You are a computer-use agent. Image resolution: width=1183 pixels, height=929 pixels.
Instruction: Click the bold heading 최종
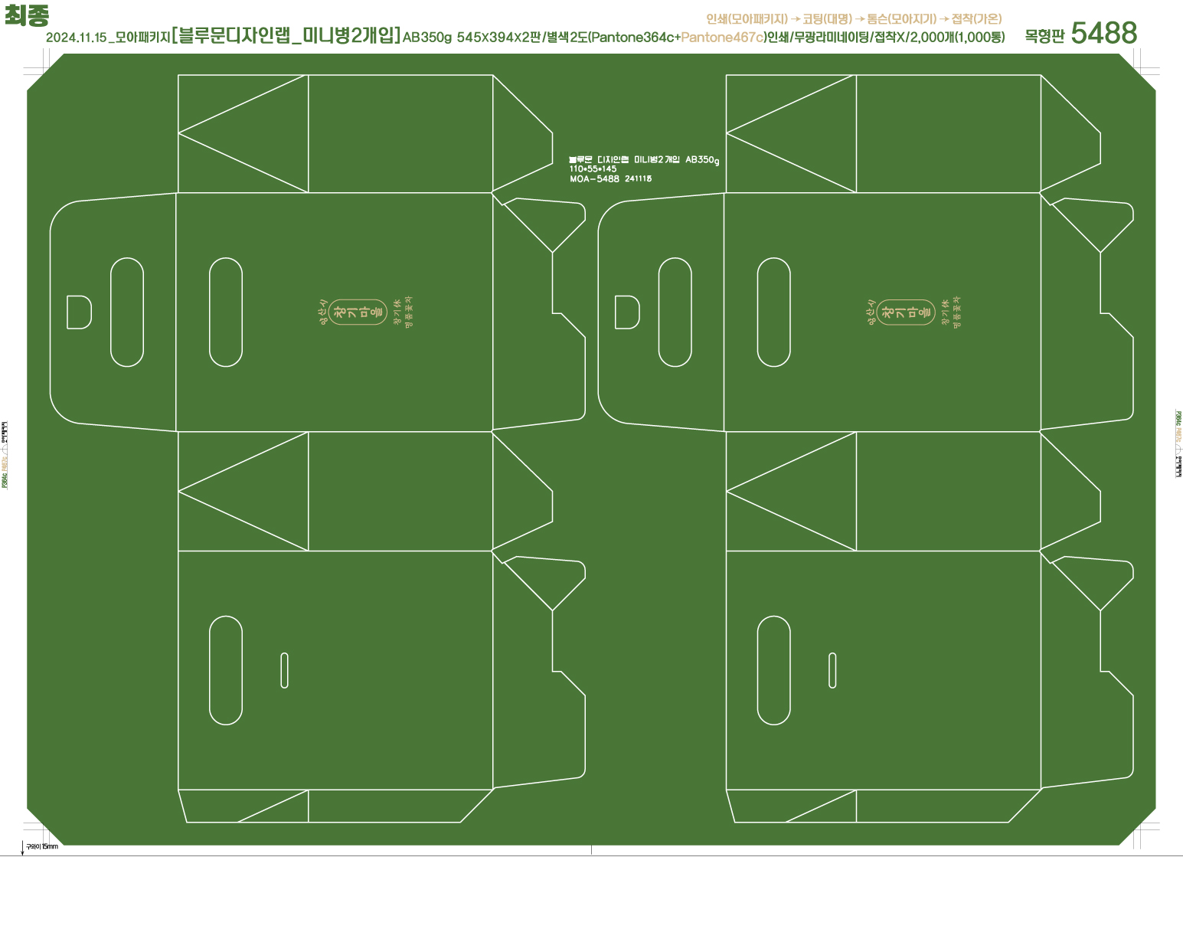(x=27, y=15)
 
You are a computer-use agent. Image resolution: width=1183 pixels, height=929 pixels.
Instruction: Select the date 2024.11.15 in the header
(x=76, y=38)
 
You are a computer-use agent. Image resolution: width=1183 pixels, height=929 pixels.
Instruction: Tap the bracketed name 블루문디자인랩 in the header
(x=238, y=35)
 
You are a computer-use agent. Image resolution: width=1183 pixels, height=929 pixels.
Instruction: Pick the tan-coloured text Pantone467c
(x=722, y=37)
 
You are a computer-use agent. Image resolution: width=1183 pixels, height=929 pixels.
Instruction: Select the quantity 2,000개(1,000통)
(x=957, y=37)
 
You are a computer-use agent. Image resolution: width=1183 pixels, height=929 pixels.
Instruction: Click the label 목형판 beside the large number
(x=1044, y=36)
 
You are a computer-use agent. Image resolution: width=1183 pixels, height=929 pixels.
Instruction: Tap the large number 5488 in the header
(x=1103, y=33)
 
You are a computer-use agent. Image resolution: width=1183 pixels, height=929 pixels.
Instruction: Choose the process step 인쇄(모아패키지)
(x=747, y=18)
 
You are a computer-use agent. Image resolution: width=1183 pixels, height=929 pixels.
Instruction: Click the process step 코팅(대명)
(x=827, y=18)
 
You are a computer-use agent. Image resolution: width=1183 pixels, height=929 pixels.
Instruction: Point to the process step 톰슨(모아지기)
(x=901, y=18)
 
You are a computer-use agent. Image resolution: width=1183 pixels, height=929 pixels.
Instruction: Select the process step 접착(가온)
(x=976, y=18)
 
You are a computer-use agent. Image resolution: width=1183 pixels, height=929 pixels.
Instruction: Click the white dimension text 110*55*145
(x=593, y=168)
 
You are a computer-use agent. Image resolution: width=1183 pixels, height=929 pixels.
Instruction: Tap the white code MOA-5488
(x=594, y=178)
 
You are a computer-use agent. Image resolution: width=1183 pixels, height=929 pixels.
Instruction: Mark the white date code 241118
(x=639, y=178)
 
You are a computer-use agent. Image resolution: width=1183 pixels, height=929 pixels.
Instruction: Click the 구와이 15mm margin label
(x=42, y=846)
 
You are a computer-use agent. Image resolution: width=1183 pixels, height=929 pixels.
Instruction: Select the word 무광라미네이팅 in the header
(x=830, y=37)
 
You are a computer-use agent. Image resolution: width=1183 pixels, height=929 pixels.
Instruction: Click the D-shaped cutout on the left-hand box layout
(x=79, y=312)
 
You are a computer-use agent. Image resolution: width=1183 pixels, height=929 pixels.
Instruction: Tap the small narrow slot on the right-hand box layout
(x=832, y=670)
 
